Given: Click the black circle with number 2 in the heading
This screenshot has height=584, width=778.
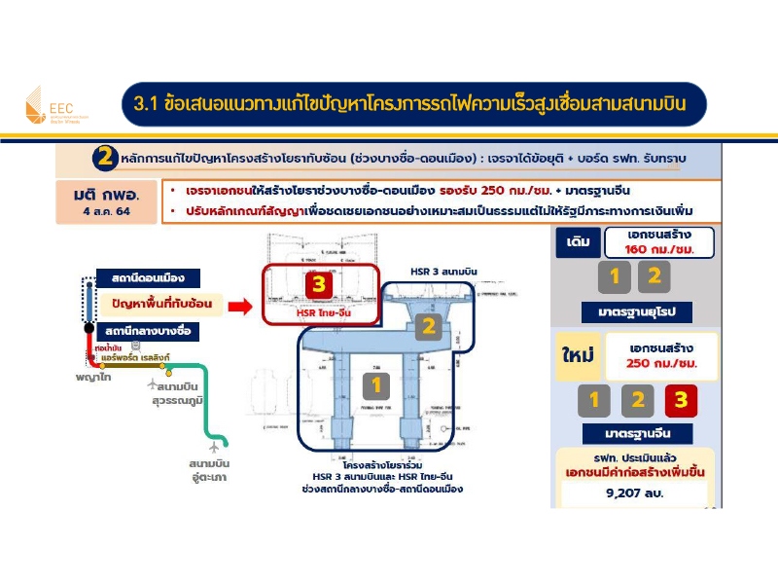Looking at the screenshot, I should [x=106, y=158].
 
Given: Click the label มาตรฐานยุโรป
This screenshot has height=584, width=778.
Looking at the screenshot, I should [x=635, y=313].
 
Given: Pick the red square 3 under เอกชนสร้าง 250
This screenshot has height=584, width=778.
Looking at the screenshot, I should [x=680, y=399].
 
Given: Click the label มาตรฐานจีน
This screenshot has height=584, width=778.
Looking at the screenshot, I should [x=635, y=433].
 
